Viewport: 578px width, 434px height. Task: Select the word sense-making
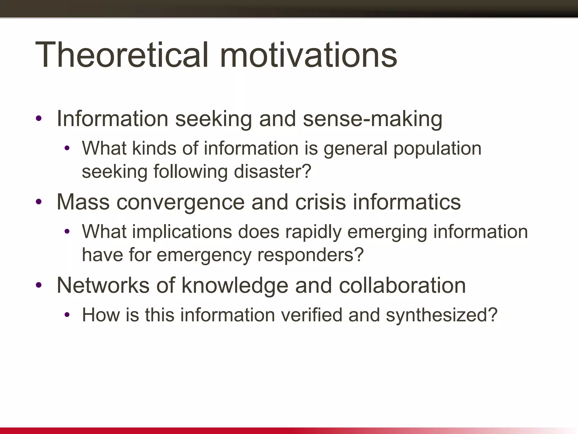pyautogui.click(x=373, y=119)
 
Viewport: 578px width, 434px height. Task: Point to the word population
pyautogui.click(x=437, y=149)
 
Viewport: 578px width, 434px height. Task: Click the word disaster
pyautogui.click(x=272, y=172)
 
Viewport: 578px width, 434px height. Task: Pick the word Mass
pyautogui.click(x=83, y=202)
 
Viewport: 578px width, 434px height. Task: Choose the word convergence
pyautogui.click(x=180, y=203)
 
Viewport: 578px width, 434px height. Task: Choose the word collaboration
pyautogui.click(x=402, y=285)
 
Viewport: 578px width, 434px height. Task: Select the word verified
pyautogui.click(x=311, y=315)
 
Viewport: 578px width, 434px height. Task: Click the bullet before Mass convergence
pyautogui.click(x=39, y=202)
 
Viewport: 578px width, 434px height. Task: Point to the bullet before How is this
pyautogui.click(x=67, y=315)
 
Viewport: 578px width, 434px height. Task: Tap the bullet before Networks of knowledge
pyautogui.click(x=39, y=285)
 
